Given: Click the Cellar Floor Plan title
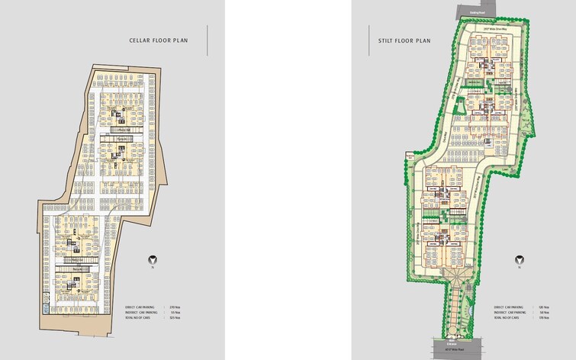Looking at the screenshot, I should (159, 40).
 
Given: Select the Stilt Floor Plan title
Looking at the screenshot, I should (404, 40).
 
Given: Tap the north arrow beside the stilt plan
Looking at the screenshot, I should (519, 259).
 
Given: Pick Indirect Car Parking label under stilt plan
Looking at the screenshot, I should (508, 312).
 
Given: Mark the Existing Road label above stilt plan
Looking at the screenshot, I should (477, 14).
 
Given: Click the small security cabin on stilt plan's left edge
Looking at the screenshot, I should (410, 156).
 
